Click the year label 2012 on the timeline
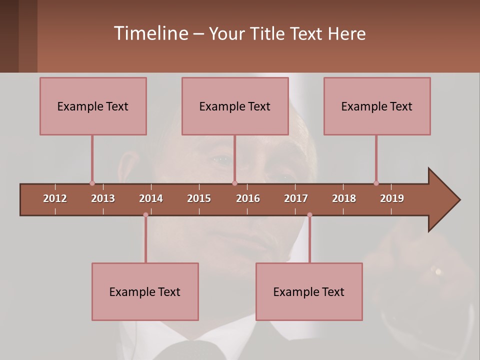[55, 198]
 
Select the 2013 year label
[103, 198]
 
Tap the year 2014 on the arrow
[151, 198]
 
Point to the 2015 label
[199, 198]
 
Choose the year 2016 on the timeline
[248, 198]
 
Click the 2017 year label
[296, 198]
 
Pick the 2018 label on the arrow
[344, 198]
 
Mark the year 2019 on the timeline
[392, 198]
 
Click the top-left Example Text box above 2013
[93, 106]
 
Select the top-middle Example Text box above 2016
[235, 106]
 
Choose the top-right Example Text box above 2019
[377, 106]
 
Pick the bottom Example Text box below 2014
[145, 291]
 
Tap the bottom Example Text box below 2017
[309, 291]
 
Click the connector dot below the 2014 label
[145, 215]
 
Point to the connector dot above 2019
[376, 183]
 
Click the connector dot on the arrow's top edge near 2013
[92, 183]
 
